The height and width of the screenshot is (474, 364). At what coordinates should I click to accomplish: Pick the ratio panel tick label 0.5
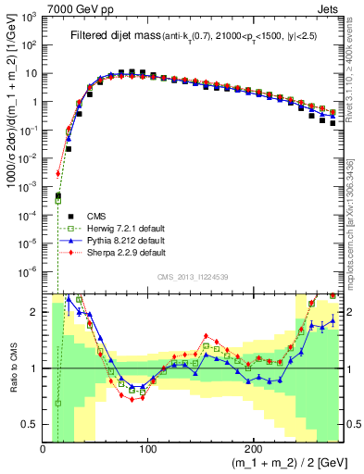[30, 424]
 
